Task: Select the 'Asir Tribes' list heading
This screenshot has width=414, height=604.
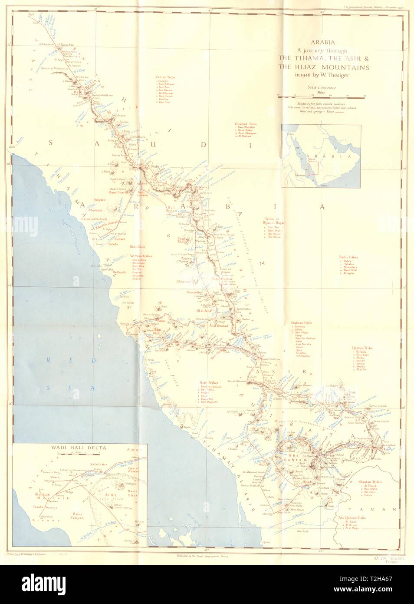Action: [x=208, y=382]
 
